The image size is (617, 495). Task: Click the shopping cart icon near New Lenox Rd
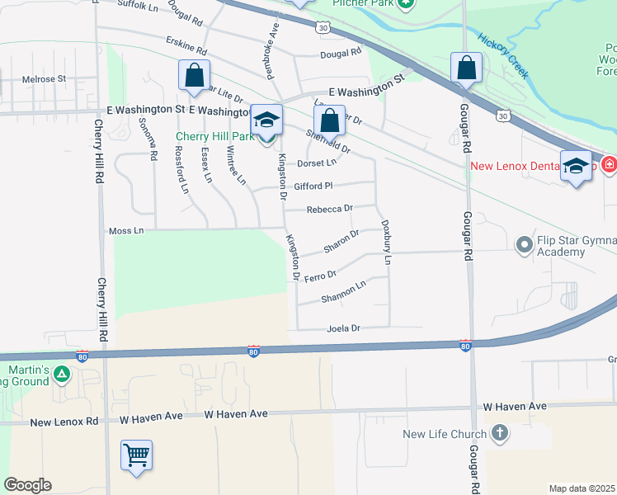[x=137, y=455]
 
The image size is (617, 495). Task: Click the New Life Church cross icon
[x=499, y=433]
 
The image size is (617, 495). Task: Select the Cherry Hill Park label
[x=214, y=136]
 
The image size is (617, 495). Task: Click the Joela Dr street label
[x=345, y=328]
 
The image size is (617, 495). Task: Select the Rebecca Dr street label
[x=329, y=210]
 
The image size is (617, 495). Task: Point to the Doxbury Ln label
[x=386, y=242]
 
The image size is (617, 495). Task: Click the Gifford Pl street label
[x=313, y=186]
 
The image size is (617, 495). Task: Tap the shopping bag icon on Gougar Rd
[x=466, y=68]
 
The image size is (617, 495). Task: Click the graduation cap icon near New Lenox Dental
[x=576, y=166]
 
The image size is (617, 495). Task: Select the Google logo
[x=27, y=485]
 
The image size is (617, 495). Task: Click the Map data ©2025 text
[x=582, y=488]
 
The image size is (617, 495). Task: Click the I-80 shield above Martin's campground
[x=82, y=356]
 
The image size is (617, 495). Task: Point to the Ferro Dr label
[x=320, y=276]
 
